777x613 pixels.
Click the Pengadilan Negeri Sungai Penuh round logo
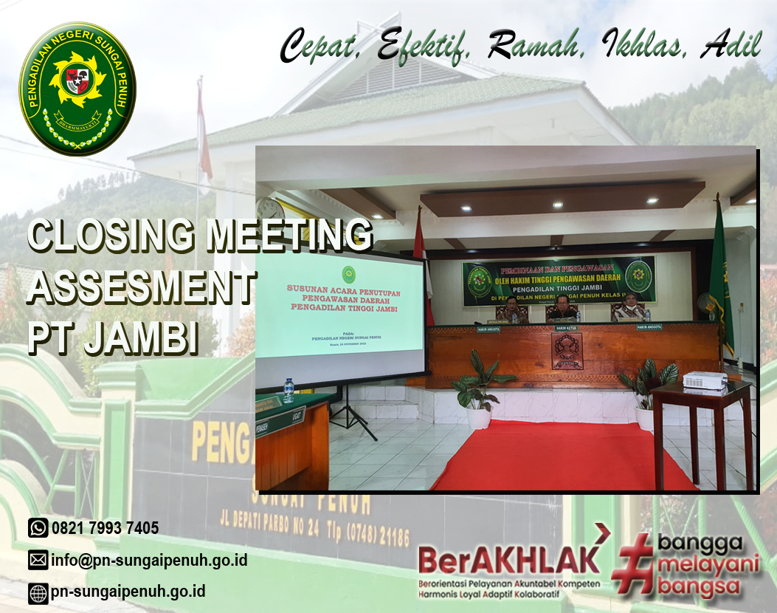click(77, 88)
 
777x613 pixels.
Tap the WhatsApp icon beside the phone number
click(38, 527)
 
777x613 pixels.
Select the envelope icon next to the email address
click(38, 560)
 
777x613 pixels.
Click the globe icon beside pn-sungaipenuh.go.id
click(38, 592)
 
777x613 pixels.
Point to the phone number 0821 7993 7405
click(105, 528)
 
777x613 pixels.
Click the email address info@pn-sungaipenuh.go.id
click(148, 560)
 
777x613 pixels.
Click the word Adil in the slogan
click(731, 46)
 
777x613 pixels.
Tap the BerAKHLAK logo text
click(509, 559)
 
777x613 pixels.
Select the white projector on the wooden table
click(705, 380)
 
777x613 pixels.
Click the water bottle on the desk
click(289, 390)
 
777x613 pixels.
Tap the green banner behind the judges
click(559, 281)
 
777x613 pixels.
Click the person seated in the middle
click(562, 308)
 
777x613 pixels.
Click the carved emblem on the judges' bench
click(567, 351)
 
